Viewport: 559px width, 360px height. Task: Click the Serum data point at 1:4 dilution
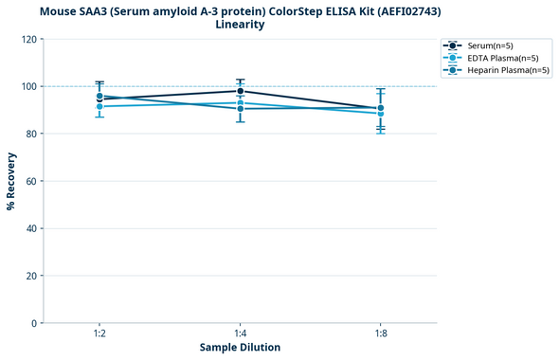[241, 91]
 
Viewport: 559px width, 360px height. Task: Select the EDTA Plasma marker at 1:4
[241, 103]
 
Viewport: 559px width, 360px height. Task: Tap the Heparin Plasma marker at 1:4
[241, 109]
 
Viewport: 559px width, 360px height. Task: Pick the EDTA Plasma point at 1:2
[99, 106]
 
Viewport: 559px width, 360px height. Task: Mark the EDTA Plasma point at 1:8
[381, 113]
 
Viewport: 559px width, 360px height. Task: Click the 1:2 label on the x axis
[99, 333]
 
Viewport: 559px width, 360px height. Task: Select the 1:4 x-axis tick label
[241, 333]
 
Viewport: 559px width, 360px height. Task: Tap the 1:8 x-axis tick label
[381, 333]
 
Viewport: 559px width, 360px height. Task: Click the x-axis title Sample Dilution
[240, 348]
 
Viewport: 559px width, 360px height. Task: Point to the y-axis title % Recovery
[11, 181]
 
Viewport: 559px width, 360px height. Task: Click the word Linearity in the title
[240, 25]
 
